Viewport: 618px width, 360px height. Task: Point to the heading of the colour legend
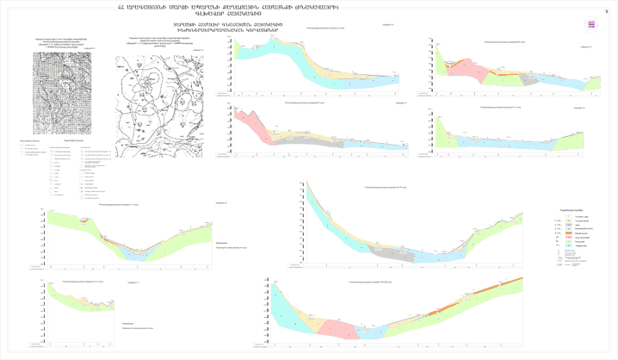tap(572, 209)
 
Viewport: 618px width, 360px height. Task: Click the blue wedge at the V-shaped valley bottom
tap(134, 254)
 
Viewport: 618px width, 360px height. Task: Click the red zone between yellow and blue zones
tap(343, 326)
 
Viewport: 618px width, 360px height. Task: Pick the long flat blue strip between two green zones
tap(499, 140)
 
